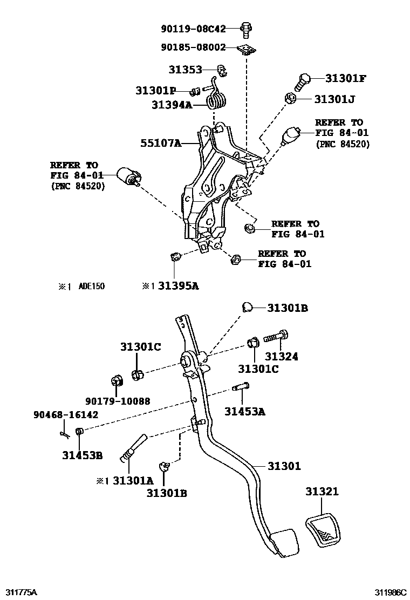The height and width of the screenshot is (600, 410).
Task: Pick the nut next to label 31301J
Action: [x=289, y=99]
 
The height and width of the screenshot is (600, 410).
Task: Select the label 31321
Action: [x=322, y=492]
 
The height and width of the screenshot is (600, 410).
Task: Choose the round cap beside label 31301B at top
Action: [x=247, y=307]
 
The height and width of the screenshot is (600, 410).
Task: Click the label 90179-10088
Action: [x=118, y=401]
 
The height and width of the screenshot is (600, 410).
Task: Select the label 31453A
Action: [x=245, y=412]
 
